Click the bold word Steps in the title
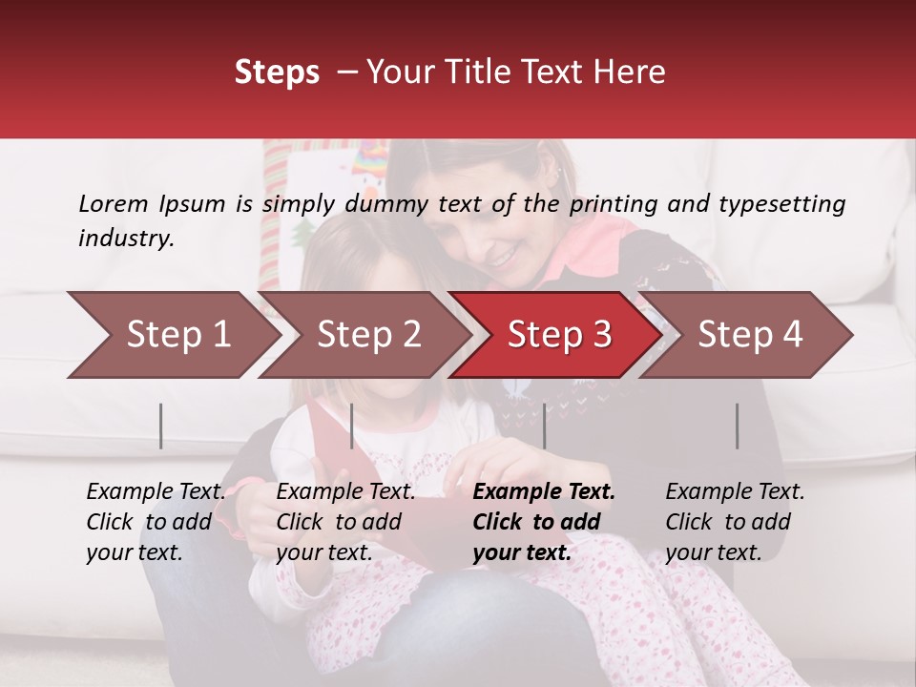click(277, 73)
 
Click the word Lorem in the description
click(114, 203)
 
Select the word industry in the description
click(126, 238)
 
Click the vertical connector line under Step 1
click(160, 426)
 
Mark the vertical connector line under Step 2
click(351, 426)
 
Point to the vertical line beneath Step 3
click(544, 426)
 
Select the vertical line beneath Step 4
click(737, 426)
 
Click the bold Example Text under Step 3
click(544, 492)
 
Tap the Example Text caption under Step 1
click(156, 492)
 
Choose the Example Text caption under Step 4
click(735, 492)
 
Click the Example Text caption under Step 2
click(345, 492)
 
